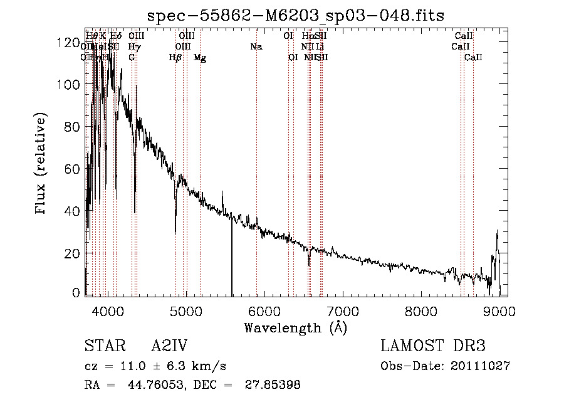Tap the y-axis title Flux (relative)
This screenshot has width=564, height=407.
pos(41,164)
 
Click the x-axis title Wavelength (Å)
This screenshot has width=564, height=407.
pos(295,327)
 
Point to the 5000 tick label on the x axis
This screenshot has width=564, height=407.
pos(185,310)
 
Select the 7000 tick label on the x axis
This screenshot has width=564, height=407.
pos(343,310)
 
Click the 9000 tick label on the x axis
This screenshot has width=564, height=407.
pos(499,310)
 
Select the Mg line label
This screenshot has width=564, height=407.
pos(200,58)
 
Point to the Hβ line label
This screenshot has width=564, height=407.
pos(175,58)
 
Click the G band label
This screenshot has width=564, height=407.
pos(132,58)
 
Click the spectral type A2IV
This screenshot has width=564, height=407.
pos(169,346)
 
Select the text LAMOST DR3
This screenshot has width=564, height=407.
pos(433,346)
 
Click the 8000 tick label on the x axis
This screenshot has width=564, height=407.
pos(421,310)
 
